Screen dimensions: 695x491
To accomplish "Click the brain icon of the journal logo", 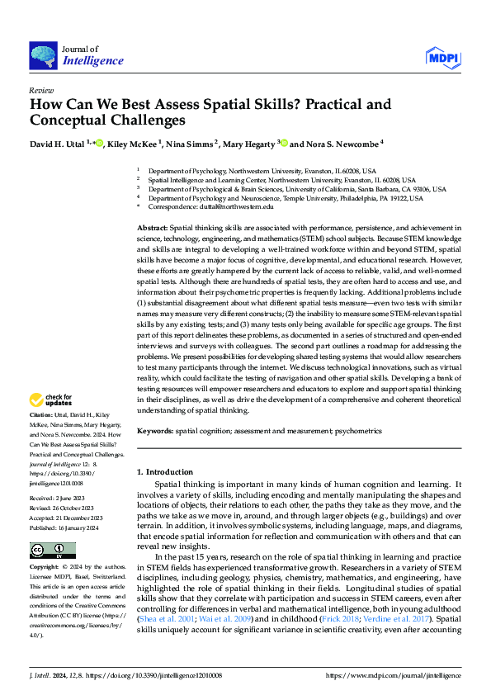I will [x=43, y=55].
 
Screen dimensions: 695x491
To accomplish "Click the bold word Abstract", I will [x=152, y=226].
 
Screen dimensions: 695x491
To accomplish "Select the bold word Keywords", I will [x=154, y=431].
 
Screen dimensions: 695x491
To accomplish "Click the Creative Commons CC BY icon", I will [x=53, y=551].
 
